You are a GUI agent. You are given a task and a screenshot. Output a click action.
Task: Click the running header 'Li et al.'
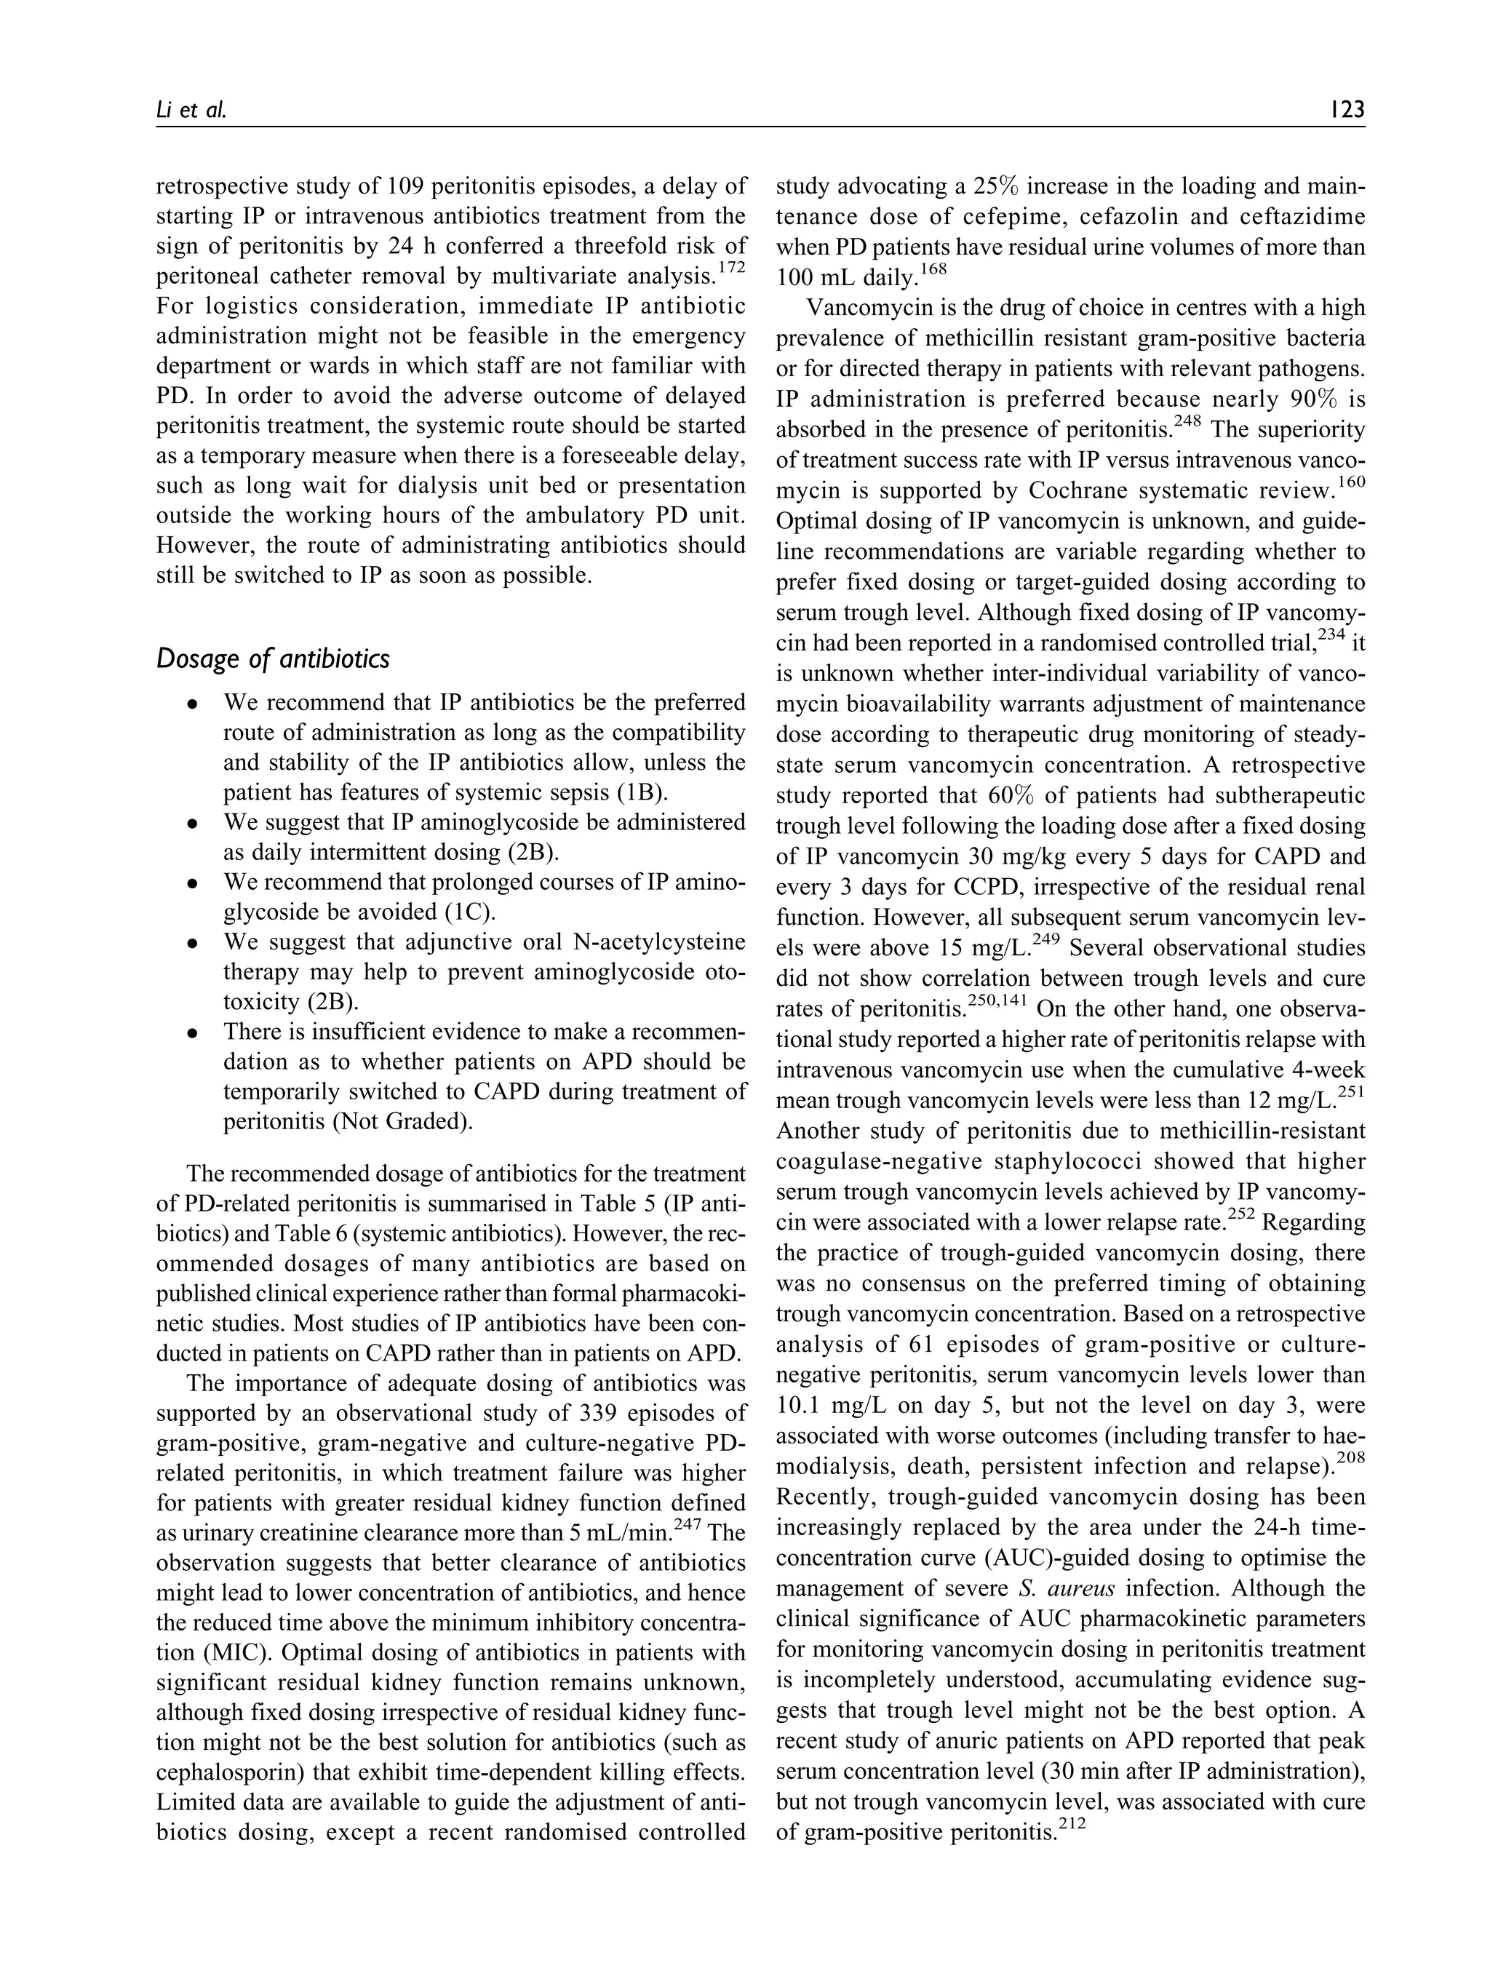[191, 110]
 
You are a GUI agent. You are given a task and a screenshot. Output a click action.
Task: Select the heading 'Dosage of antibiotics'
[272, 658]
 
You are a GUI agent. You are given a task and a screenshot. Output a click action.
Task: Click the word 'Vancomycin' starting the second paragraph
[858, 307]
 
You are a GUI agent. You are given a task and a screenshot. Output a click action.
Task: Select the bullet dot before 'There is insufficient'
[192, 1033]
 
